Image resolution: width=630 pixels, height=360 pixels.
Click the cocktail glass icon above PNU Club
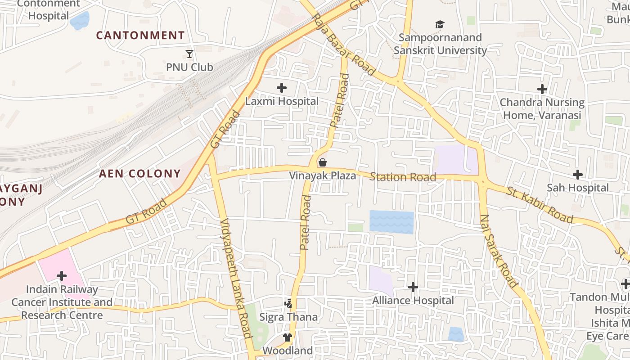pos(189,54)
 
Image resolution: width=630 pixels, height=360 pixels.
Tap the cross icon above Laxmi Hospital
pos(282,88)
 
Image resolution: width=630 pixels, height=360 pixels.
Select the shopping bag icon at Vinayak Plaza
pos(322,162)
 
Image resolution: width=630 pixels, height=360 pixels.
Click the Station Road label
pos(403,177)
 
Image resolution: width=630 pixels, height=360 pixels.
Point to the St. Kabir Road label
pos(540,205)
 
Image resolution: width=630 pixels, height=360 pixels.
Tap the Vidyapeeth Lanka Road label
pos(236,278)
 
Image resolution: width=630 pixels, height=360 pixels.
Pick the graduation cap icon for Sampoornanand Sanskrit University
pos(440,24)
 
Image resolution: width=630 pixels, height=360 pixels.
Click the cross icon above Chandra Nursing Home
pos(542,89)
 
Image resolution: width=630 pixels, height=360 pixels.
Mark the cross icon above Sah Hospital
pos(578,175)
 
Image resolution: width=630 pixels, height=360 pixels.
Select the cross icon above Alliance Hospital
pos(413,287)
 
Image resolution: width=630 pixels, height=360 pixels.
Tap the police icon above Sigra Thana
pos(288,304)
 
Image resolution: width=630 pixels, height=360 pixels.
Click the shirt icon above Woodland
pos(288,337)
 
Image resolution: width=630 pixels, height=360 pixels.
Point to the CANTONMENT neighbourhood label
pos(140,35)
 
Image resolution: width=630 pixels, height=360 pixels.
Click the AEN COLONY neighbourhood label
pos(139,174)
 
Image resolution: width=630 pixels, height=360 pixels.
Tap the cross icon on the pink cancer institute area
pos(62,275)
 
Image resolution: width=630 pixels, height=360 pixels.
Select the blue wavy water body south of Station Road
pos(391,222)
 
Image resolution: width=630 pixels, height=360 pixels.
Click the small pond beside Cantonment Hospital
pos(80,21)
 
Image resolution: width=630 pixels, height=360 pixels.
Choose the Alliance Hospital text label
pos(413,300)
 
